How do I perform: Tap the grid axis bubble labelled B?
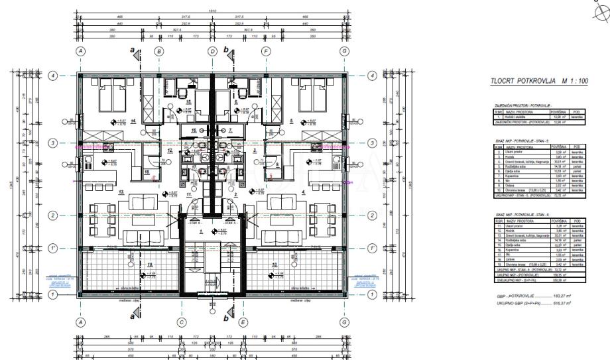pyautogui.click(x=159, y=51)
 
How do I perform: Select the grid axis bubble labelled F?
pyautogui.click(x=266, y=51)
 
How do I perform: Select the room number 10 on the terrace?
pyautogui.click(x=274, y=263)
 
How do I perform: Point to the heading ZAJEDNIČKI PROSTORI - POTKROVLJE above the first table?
pyautogui.click(x=515, y=106)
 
